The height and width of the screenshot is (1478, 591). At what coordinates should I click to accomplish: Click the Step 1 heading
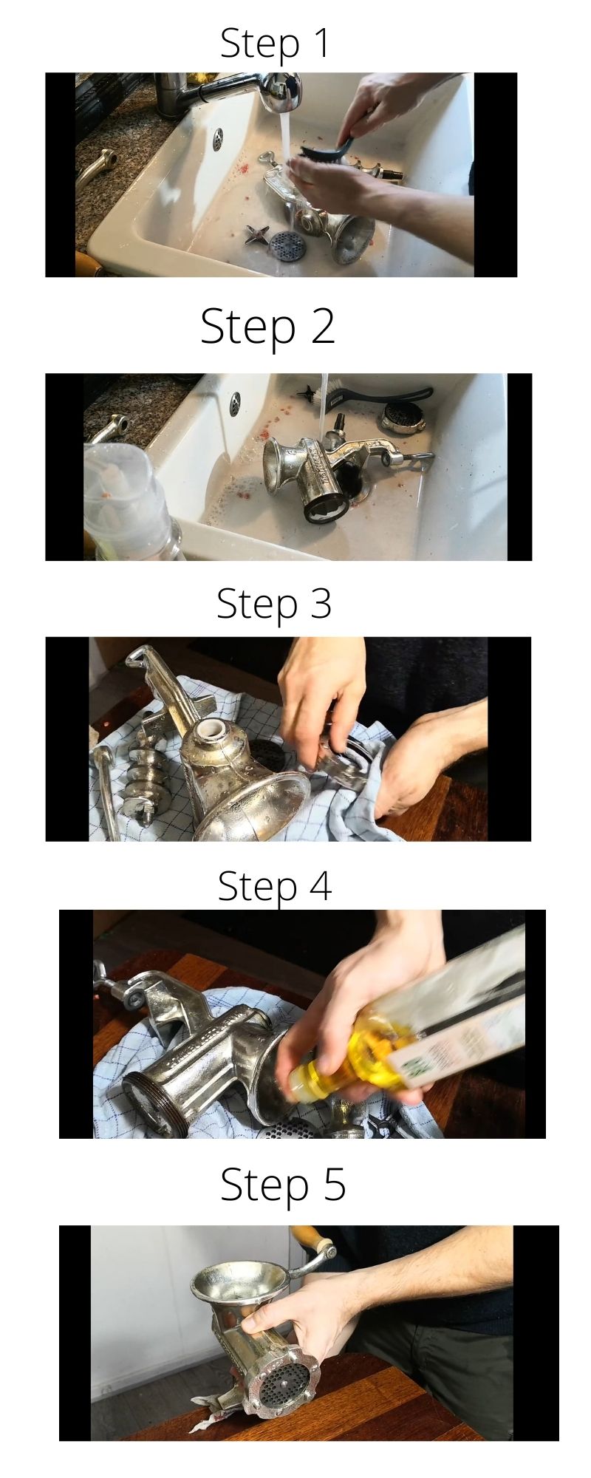click(x=275, y=43)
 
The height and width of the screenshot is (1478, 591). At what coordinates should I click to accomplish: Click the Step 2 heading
click(x=267, y=326)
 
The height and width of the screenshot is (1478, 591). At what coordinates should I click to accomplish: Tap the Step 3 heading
click(x=274, y=604)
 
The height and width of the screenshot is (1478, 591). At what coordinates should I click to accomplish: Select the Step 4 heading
click(x=275, y=885)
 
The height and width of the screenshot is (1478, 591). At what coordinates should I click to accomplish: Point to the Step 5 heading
click(x=283, y=1184)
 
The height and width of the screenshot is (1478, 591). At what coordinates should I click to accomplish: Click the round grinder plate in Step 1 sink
click(x=284, y=243)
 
